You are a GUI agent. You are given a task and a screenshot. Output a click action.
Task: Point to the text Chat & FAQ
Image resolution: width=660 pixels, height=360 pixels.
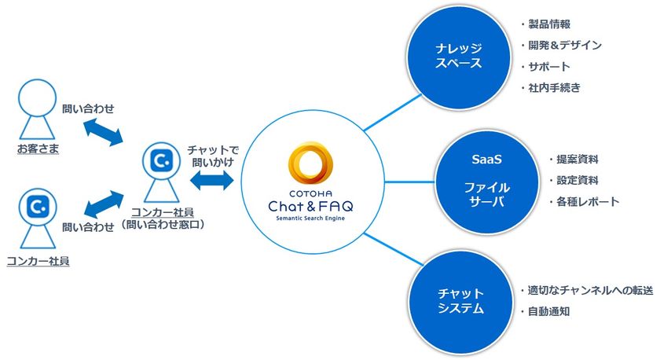tap(312, 205)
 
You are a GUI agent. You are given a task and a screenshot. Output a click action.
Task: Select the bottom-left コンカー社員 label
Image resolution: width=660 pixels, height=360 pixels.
tap(37, 260)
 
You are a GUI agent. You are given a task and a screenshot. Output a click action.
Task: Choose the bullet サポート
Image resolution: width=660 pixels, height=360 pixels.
tap(549, 67)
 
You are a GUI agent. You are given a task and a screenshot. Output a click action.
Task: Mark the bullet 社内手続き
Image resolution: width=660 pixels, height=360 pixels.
tap(555, 88)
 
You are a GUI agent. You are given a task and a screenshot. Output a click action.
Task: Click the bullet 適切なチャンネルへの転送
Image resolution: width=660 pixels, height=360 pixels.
tap(589, 291)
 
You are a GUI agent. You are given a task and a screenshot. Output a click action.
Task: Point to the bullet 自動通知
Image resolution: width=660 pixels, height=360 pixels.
tap(549, 311)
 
